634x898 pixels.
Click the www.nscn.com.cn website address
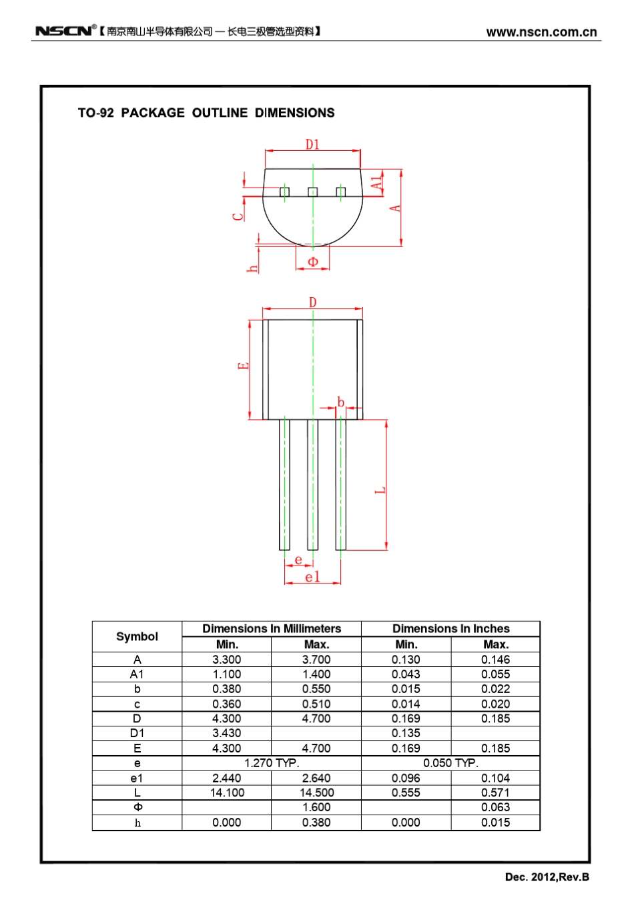541,32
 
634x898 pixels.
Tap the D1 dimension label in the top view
312,144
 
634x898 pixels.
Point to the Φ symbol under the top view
313,262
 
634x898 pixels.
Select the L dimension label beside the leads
381,490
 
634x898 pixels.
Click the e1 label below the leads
312,577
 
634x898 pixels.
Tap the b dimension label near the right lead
340,402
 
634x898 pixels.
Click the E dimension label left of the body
244,366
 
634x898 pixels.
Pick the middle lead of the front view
312,484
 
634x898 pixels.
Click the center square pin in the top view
312,192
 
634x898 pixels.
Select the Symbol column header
137,636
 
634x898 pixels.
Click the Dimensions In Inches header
450,628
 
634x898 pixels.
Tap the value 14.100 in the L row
227,793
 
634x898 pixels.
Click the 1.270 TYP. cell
272,763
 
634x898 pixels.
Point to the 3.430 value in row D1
227,733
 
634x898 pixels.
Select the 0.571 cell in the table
495,793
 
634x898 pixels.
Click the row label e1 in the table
137,778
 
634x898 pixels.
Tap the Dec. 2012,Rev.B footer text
547,877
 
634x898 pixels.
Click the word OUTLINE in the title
220,113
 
